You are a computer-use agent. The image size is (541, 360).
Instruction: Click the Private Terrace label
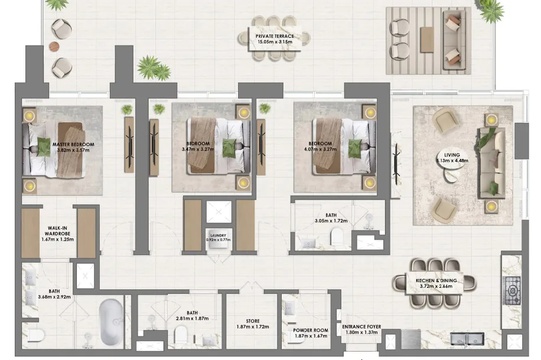(x=275, y=36)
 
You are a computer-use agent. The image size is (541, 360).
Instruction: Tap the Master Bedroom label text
(x=73, y=145)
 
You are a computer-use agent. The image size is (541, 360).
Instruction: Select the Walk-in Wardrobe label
(x=57, y=231)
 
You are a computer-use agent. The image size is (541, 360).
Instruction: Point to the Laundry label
(x=218, y=235)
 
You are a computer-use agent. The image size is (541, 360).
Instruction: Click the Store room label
(x=253, y=321)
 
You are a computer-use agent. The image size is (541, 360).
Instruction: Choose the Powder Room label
(x=311, y=330)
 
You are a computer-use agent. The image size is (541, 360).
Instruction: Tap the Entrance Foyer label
(x=361, y=326)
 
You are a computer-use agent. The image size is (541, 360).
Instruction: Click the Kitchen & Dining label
(x=436, y=281)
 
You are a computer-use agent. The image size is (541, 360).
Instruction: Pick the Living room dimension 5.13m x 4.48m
(x=452, y=161)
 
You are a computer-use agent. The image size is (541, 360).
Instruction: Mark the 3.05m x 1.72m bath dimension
(x=331, y=221)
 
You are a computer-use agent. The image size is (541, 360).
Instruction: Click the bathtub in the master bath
(x=111, y=322)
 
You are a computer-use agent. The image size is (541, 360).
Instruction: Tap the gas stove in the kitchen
(x=512, y=291)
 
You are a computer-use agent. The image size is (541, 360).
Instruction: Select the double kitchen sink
(x=467, y=339)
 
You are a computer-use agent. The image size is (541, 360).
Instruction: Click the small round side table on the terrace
(x=54, y=46)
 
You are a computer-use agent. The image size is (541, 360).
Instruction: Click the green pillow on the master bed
(x=44, y=147)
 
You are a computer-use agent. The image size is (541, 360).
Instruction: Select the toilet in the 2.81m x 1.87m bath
(x=181, y=334)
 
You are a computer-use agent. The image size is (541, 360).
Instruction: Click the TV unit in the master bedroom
(x=129, y=145)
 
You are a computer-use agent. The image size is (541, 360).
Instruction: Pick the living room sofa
(x=491, y=163)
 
